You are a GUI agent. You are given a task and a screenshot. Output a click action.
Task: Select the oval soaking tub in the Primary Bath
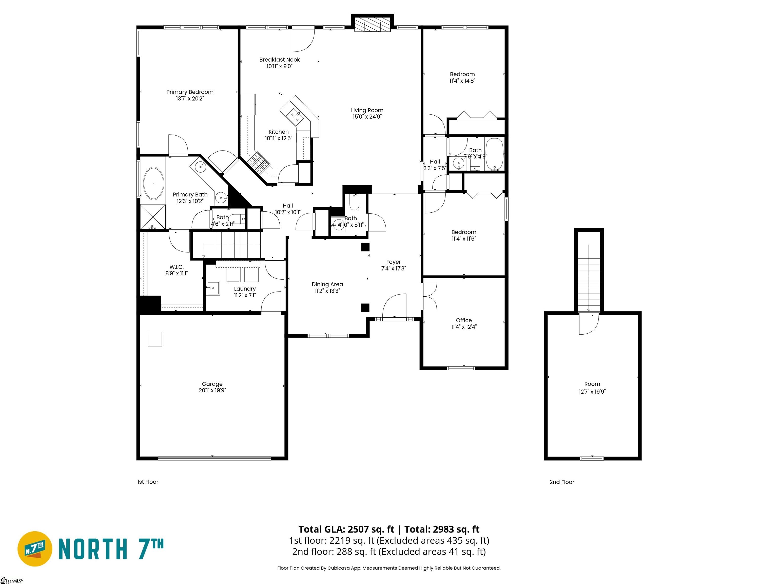153,184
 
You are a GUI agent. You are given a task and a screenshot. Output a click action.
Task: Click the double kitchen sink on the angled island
294,116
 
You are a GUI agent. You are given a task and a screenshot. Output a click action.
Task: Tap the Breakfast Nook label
279,60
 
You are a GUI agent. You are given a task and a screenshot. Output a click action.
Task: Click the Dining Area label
327,284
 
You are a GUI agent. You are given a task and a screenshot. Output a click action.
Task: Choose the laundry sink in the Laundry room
212,288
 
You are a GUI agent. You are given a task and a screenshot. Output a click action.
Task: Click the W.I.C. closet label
176,267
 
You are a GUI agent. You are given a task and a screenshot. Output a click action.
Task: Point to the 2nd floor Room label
592,384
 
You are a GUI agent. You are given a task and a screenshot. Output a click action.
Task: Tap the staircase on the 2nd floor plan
589,278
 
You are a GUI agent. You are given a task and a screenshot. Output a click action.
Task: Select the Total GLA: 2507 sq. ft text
346,530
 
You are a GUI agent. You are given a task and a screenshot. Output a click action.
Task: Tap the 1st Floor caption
148,482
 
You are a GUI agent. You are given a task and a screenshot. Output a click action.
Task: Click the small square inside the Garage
155,339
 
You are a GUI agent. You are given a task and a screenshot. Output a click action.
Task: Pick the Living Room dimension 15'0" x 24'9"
367,117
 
